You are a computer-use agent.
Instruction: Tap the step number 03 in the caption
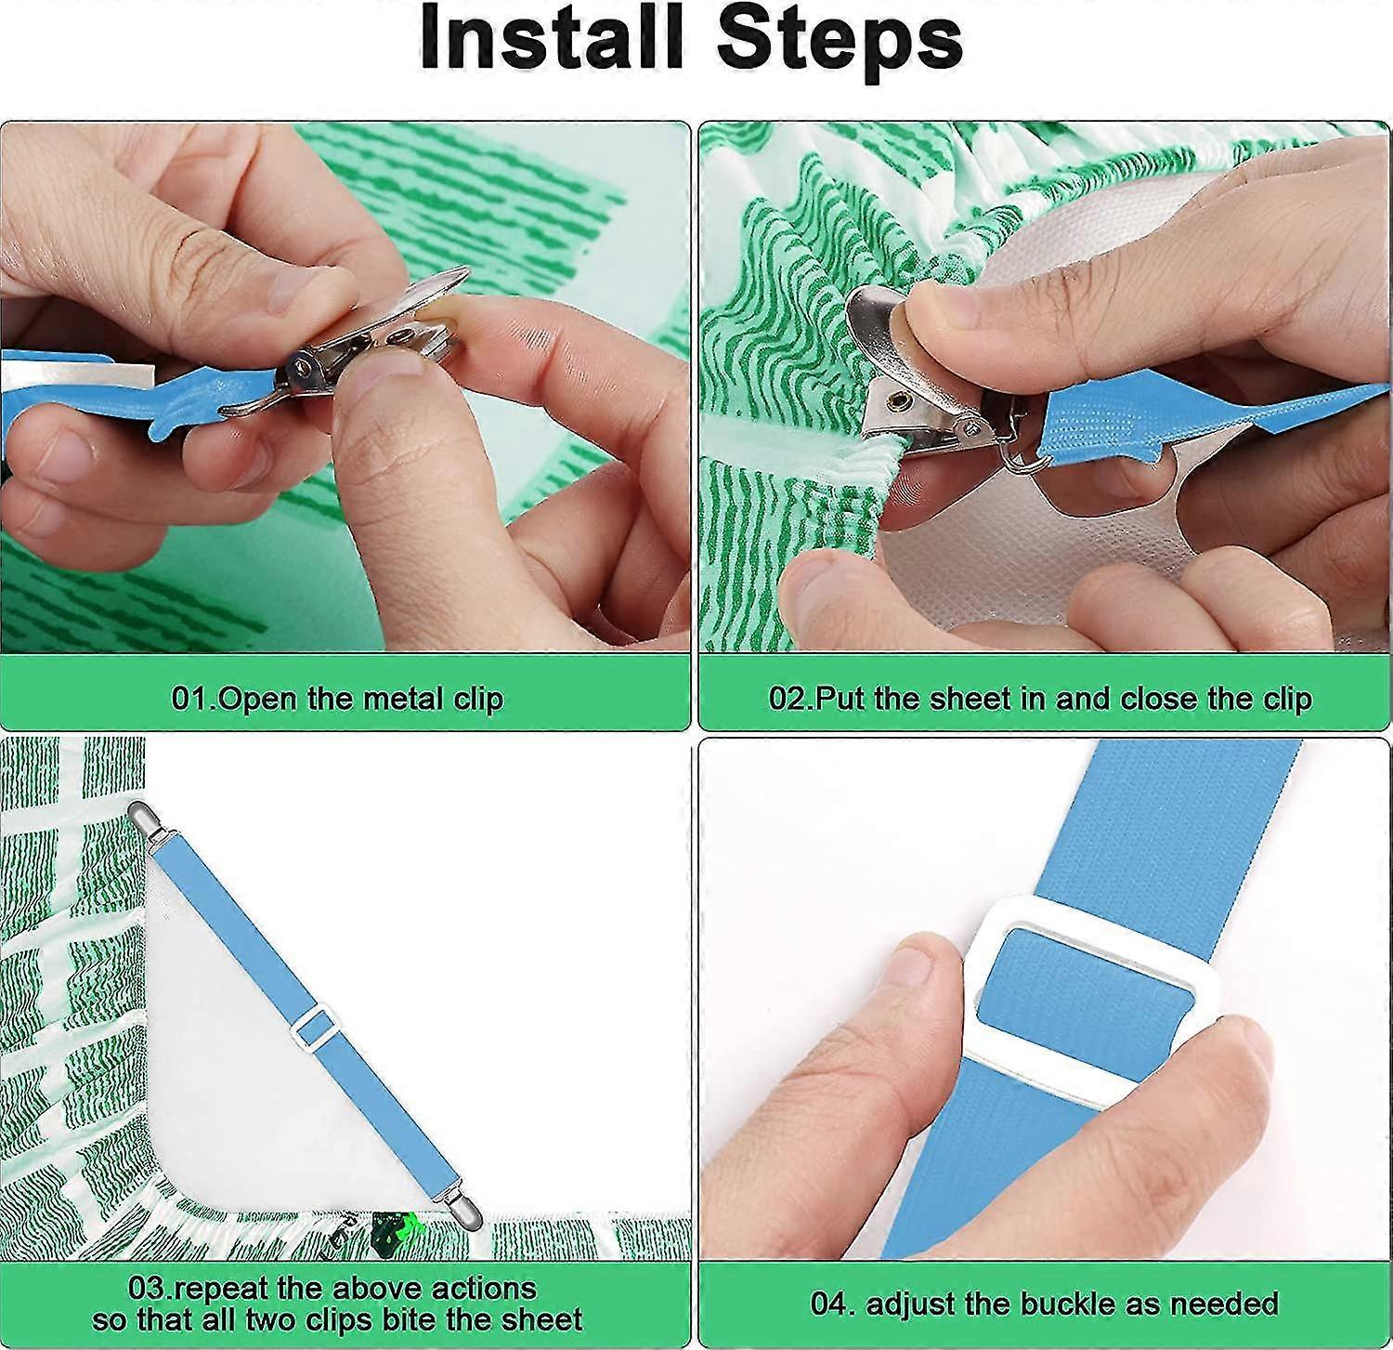(x=147, y=1289)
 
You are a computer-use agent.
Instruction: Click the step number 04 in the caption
(x=828, y=1304)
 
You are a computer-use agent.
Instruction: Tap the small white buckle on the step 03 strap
(x=314, y=1028)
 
